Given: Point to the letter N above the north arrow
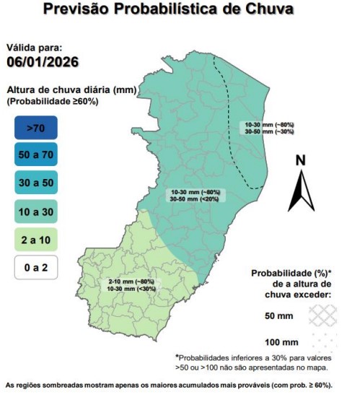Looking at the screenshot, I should click(x=302, y=161).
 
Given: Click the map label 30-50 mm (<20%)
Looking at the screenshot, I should click(x=193, y=198).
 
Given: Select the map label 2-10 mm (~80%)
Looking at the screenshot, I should click(x=131, y=281).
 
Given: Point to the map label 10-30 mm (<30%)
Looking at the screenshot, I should click(x=131, y=288).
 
